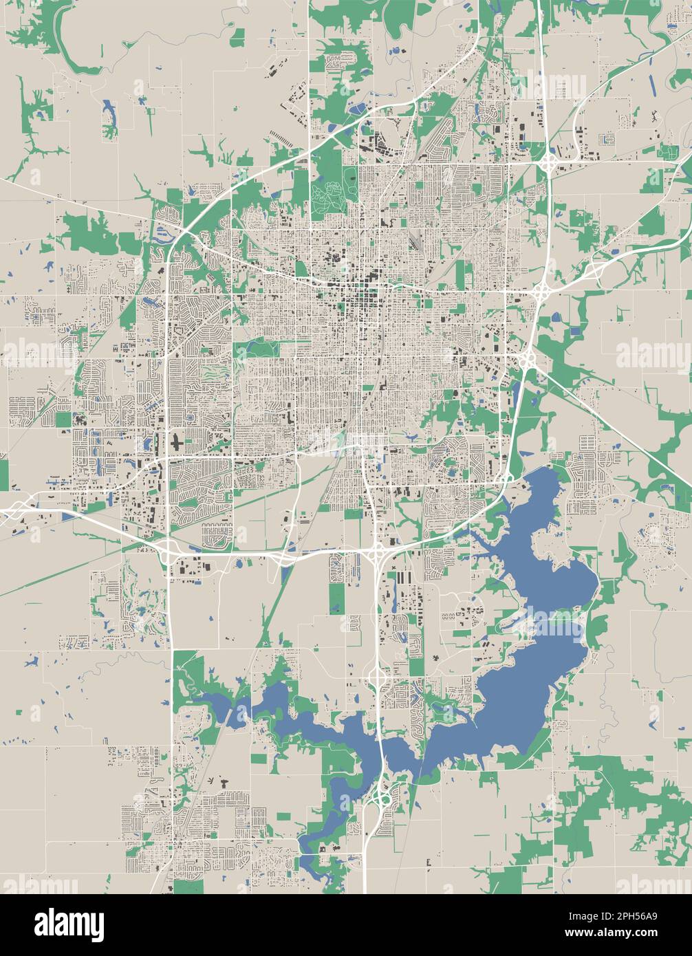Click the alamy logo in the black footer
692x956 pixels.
click(69, 924)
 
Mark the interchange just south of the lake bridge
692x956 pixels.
click(382, 798)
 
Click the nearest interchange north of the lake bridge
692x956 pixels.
click(377, 678)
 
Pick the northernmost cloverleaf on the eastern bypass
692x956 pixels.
click(548, 164)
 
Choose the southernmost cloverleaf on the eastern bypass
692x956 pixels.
click(528, 358)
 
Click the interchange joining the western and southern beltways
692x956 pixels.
click(167, 548)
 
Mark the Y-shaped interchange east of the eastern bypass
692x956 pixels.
click(595, 270)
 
